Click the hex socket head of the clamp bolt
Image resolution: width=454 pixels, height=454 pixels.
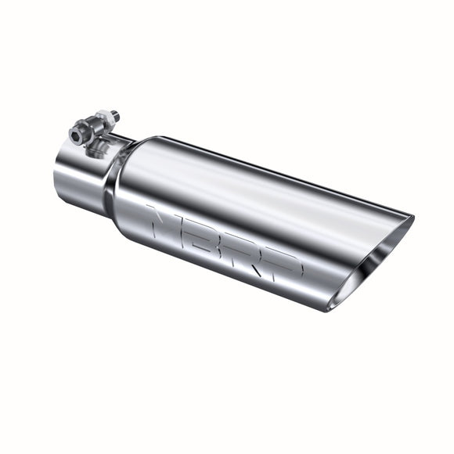pyautogui.click(x=75, y=135)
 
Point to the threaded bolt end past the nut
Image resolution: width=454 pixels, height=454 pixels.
pyautogui.click(x=115, y=115)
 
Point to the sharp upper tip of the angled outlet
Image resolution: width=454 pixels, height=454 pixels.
pyautogui.click(x=413, y=218)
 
